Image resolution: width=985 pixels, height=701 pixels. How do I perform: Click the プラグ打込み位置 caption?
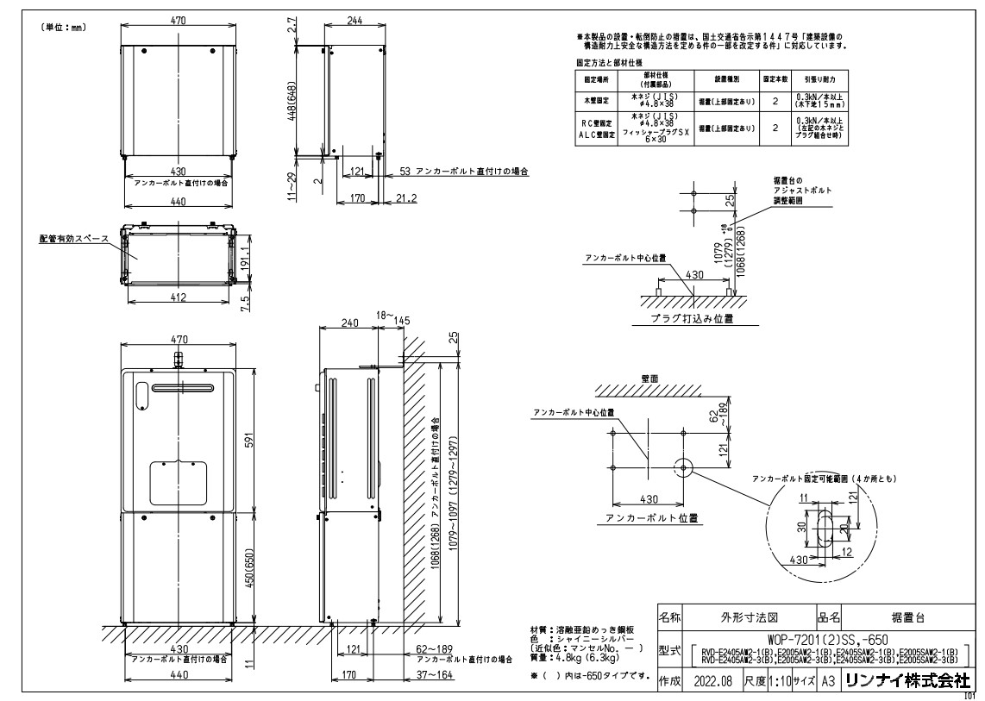click(693, 318)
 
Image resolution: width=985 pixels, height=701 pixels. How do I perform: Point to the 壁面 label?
click(650, 378)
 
